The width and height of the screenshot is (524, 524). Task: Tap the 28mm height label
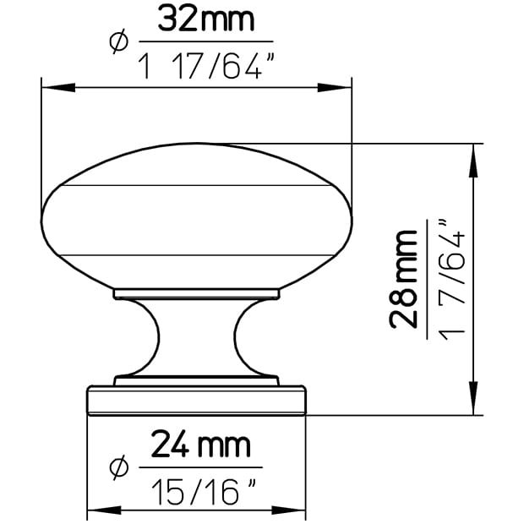[405, 278]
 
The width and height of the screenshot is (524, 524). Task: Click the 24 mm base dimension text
[200, 445]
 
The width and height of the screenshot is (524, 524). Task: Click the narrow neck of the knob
[196, 338]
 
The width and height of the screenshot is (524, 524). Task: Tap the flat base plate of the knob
[196, 401]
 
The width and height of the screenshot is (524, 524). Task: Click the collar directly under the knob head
[196, 293]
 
